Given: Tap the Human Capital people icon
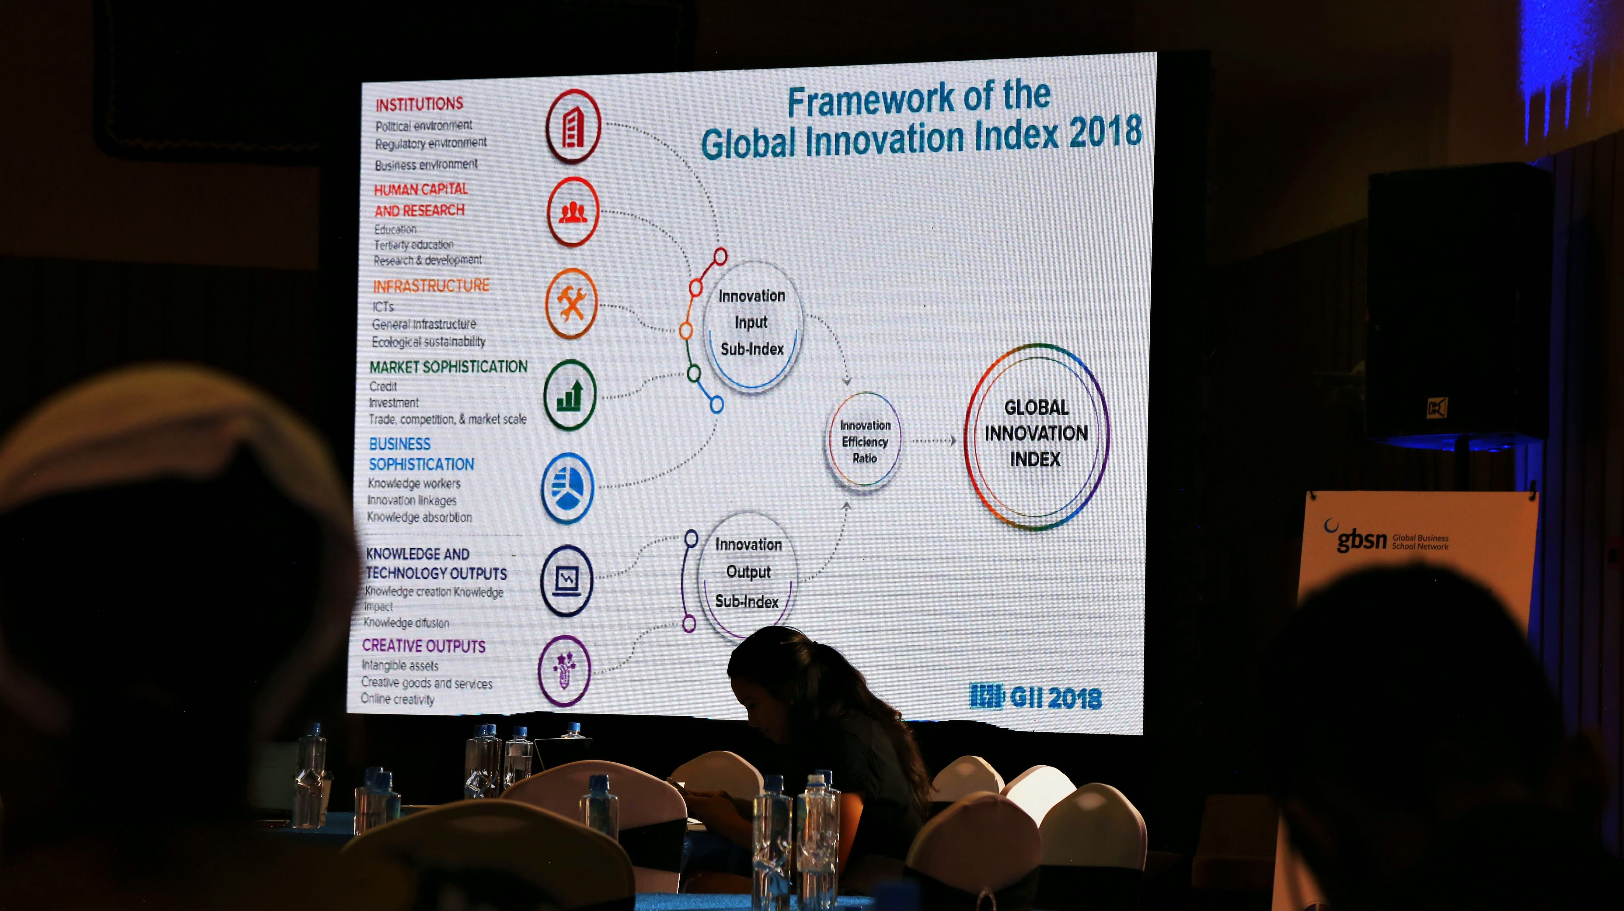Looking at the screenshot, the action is point(573,212).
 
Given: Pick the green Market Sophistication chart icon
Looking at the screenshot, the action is point(569,395).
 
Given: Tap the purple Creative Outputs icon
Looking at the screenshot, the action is point(564,670).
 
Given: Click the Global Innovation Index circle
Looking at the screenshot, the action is point(1036,435).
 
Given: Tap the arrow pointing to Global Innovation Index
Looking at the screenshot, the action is point(934,440).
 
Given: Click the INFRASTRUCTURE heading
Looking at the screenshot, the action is point(431,286).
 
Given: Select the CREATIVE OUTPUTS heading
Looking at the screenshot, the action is point(424,646).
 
